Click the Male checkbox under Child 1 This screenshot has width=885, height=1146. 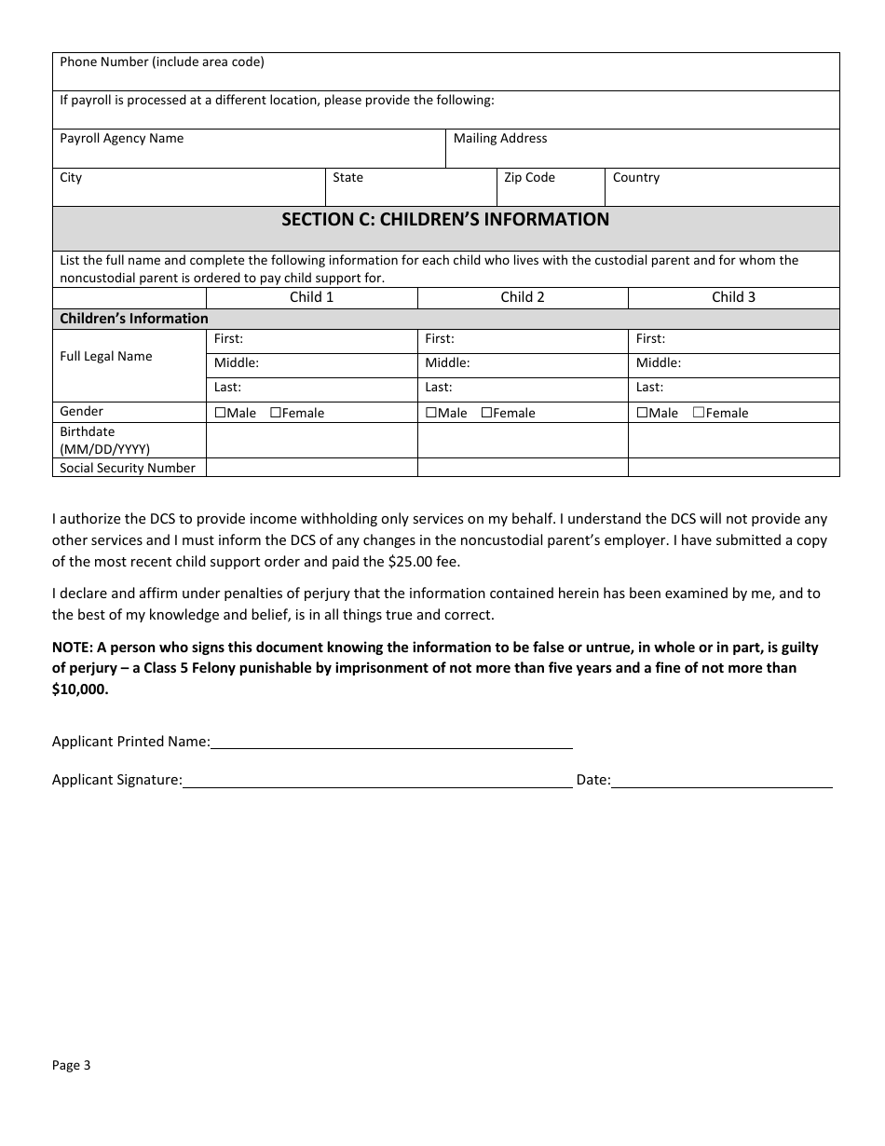pos(220,413)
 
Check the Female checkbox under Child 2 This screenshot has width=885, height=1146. pos(486,413)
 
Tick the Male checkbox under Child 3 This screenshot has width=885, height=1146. pos(642,413)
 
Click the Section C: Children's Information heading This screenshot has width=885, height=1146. pos(445,220)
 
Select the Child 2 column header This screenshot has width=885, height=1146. pos(523,297)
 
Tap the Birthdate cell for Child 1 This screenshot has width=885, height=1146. pos(311,440)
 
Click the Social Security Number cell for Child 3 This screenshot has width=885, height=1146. pos(733,468)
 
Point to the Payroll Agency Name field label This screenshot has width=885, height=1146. pos(122,139)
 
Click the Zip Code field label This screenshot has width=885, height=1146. pos(529,178)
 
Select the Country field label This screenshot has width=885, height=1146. pos(636,178)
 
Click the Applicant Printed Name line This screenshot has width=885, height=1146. pos(391,742)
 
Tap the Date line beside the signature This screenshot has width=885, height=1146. pos(722,781)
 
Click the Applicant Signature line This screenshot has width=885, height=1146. pos(377,781)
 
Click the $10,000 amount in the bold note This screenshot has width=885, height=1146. pos(79,690)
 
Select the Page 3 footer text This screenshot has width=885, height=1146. pos(72,1066)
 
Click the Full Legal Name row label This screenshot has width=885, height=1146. pos(106,357)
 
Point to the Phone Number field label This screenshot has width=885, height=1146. pos(162,62)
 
